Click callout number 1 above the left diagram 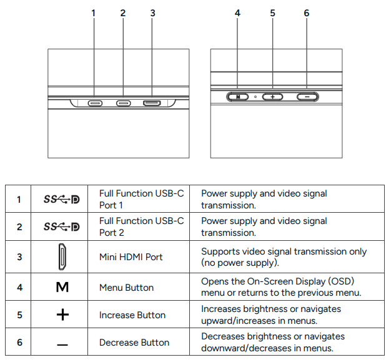94,12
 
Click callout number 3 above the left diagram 152,12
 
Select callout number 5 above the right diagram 272,12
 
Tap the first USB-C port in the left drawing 95,103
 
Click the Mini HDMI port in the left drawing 152,103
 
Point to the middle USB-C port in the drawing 123,103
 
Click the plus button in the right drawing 272,97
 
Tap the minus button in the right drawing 307,97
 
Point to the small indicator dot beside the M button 255,97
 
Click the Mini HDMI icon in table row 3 62,256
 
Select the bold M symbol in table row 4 62,288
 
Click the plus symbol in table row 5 62,315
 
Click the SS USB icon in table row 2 62,227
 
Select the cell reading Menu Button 126,288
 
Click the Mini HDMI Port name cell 131,256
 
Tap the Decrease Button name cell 134,343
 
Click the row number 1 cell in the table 19,200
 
